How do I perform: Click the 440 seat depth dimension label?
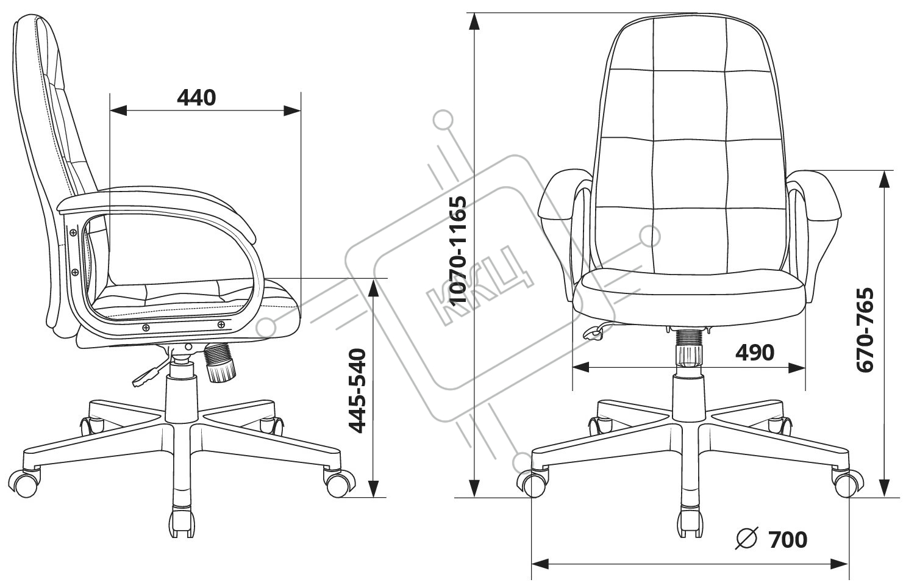[196, 98]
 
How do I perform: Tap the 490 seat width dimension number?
[754, 353]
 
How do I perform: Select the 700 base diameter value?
[788, 539]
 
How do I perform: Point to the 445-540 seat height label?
[357, 391]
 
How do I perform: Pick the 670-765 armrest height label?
[865, 330]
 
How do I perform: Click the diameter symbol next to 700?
[747, 538]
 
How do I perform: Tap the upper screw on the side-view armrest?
[73, 232]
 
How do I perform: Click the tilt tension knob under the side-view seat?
[220, 363]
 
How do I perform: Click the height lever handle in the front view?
[593, 334]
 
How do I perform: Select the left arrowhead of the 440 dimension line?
[118, 110]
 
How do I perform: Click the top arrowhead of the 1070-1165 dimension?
[474, 21]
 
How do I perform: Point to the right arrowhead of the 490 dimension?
[797, 368]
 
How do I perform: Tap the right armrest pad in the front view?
[815, 196]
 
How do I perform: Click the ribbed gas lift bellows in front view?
[689, 339]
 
